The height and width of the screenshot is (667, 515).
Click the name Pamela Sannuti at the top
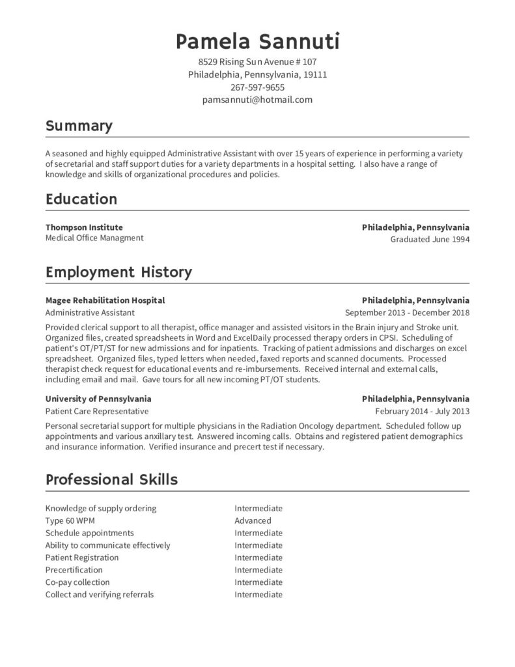(x=257, y=42)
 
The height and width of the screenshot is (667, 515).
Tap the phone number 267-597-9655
(x=257, y=87)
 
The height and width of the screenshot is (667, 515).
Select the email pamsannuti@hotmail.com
(x=257, y=100)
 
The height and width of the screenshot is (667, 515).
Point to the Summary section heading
(x=79, y=126)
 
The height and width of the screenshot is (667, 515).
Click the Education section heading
(x=81, y=199)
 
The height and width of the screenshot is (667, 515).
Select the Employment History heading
(x=118, y=272)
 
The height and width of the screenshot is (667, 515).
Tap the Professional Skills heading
(x=111, y=480)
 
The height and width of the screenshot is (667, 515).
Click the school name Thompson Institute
(x=84, y=227)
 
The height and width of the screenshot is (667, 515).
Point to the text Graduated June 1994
(x=430, y=239)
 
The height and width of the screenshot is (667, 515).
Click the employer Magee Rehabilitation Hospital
(x=105, y=300)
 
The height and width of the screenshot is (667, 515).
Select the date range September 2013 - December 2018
(x=407, y=313)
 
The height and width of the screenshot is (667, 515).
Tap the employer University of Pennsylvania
(x=98, y=399)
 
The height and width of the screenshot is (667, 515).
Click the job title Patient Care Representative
(x=97, y=411)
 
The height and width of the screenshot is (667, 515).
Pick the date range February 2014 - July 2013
(x=422, y=411)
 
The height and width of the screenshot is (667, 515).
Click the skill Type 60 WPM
(x=70, y=520)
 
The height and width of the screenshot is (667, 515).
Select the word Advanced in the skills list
(x=253, y=520)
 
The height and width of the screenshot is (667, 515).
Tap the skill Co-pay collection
(x=77, y=582)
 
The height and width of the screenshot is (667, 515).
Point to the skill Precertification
(x=74, y=570)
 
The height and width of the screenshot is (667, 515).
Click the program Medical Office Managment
(x=94, y=238)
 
